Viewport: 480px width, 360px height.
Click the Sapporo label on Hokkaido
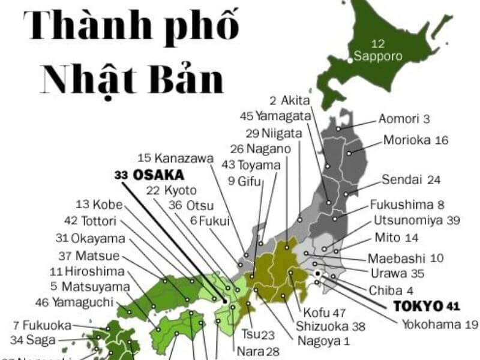coord(377,57)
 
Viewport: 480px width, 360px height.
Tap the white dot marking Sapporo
coord(350,59)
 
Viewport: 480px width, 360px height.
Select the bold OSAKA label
coord(158,175)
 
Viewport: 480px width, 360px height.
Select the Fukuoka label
coord(47,326)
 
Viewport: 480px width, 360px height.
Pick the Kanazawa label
coord(184,158)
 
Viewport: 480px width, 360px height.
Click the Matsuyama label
coord(95,286)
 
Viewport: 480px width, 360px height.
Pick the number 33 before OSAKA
coord(122,175)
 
